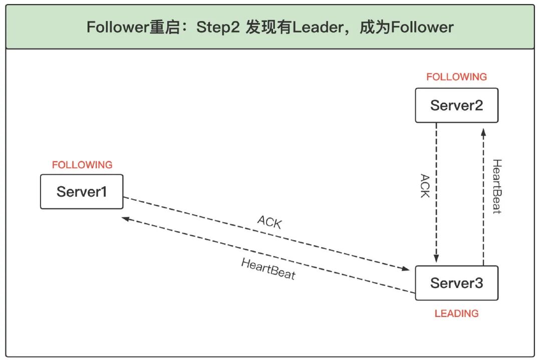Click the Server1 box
point(82,192)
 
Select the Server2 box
point(456,105)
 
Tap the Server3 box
point(456,283)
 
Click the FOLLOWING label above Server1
point(82,165)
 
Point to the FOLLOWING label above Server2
point(456,77)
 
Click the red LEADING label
point(456,313)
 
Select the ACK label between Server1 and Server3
point(269,222)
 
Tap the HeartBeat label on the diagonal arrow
point(268,269)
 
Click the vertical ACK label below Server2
point(424,186)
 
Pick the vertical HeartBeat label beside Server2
point(496,186)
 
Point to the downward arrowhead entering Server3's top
point(436,259)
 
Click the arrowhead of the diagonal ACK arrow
point(407,269)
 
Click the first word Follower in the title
point(118,27)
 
